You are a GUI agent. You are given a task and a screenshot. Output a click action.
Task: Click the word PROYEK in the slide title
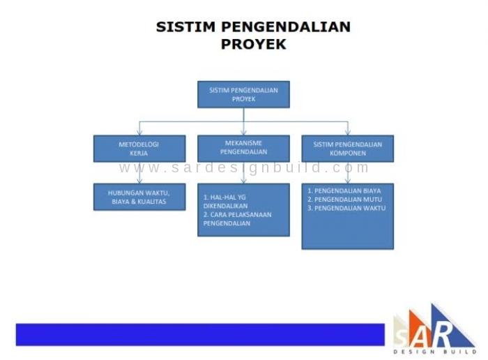pos(253,44)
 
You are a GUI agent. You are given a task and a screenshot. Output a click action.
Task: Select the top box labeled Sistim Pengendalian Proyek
pos(244,95)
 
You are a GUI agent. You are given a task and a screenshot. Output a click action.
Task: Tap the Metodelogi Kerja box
pos(139,149)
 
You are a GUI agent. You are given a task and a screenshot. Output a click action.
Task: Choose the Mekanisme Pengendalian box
pos(244,149)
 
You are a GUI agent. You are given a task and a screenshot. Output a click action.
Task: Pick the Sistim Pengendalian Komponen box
pos(348,149)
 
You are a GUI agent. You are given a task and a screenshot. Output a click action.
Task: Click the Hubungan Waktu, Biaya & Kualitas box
pos(139,197)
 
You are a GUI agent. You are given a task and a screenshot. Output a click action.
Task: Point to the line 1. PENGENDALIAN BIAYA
pos(344,191)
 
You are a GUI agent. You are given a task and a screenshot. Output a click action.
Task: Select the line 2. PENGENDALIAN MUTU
pos(345,200)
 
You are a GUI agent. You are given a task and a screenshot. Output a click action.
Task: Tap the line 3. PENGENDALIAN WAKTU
pos(346,209)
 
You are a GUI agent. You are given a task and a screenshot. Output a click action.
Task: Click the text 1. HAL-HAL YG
pos(224,197)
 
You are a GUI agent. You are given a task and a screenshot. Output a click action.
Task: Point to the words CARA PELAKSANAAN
pos(241,215)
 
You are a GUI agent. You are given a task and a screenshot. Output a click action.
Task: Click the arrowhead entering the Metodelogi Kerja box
pos(139,133)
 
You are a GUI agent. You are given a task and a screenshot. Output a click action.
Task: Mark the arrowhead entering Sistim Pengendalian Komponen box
pos(348,133)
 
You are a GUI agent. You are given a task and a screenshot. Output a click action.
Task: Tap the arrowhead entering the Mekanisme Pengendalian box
pos(244,133)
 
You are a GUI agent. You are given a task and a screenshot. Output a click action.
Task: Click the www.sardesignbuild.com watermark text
pos(244,168)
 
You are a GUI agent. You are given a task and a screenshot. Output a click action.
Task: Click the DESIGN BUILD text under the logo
pos(435,352)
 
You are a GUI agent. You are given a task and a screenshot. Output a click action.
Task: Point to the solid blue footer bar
pos(200,335)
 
